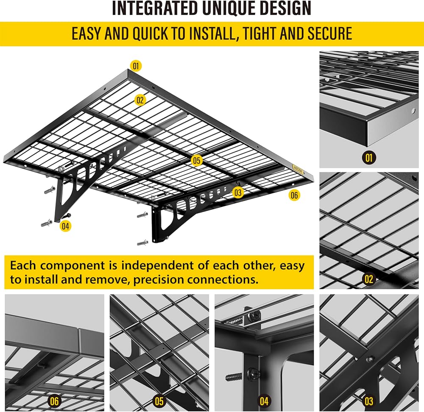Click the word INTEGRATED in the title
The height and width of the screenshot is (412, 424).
click(x=156, y=8)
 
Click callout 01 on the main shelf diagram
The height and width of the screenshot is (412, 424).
click(x=136, y=66)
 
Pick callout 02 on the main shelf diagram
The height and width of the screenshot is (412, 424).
click(x=140, y=100)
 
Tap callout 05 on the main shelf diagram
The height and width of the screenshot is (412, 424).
click(x=196, y=160)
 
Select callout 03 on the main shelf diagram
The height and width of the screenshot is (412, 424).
click(x=238, y=192)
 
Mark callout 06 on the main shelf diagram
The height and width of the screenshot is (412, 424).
click(x=294, y=195)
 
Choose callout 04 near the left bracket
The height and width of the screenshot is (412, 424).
click(x=65, y=226)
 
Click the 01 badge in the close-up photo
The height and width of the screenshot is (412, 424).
click(x=369, y=158)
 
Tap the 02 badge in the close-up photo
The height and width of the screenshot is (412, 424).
click(x=369, y=279)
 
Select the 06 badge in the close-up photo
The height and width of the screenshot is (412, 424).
click(x=54, y=401)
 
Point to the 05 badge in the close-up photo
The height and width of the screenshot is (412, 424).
click(x=159, y=401)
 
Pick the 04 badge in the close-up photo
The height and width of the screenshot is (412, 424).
click(x=264, y=401)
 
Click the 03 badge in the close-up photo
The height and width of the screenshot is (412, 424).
click(x=369, y=401)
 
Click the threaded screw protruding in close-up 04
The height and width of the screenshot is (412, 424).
click(x=234, y=376)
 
